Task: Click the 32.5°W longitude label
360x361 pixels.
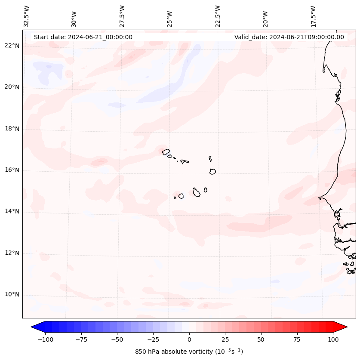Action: click(x=27, y=16)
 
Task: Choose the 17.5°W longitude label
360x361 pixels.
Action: click(x=313, y=16)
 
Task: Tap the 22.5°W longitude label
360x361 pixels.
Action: click(x=218, y=16)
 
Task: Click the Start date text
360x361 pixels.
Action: click(x=83, y=37)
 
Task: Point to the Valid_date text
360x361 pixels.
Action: click(x=289, y=37)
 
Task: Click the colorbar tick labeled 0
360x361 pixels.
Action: click(x=189, y=339)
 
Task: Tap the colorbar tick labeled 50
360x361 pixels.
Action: click(x=261, y=339)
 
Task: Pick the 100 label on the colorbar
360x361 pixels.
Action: click(x=333, y=339)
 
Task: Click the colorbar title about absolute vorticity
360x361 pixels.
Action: click(x=189, y=352)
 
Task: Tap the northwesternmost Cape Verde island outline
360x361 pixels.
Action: click(x=166, y=151)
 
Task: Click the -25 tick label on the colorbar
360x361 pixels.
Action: click(x=153, y=339)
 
